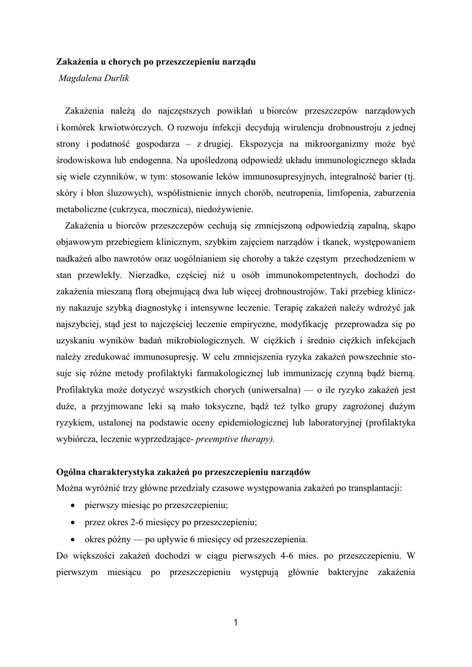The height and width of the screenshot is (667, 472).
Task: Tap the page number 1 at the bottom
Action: (236, 623)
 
